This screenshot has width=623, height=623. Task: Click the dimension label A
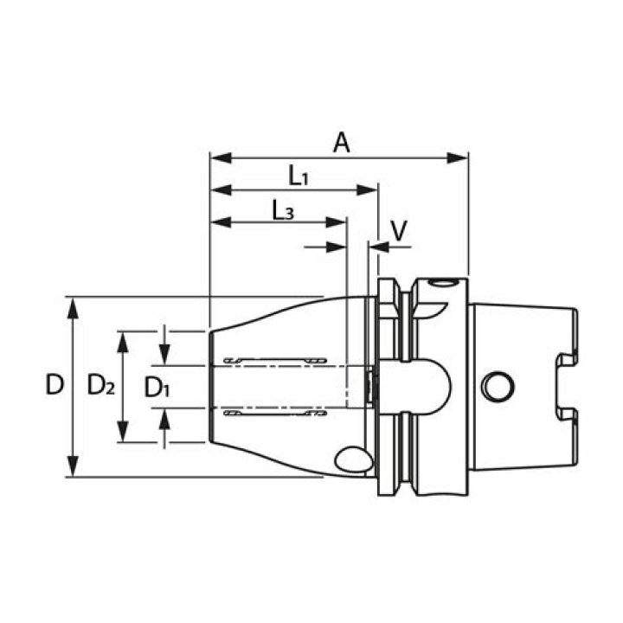tap(341, 143)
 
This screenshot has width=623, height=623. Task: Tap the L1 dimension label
tap(298, 176)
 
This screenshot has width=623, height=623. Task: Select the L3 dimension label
tap(283, 210)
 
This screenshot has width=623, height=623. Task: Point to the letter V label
tap(399, 230)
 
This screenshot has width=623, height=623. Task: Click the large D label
tap(55, 384)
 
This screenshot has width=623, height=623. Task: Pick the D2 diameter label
tap(101, 384)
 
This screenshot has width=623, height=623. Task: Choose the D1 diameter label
tap(157, 388)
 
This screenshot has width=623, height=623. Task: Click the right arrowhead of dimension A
tap(458, 157)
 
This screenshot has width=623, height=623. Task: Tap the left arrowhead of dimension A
tap(221, 157)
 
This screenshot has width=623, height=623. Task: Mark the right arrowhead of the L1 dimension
tap(367, 189)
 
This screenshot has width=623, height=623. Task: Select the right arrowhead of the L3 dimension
tap(336, 222)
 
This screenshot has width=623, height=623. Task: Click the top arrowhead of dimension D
tap(72, 308)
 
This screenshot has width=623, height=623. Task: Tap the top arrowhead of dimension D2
tap(123, 342)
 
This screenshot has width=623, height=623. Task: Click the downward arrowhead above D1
tap(164, 355)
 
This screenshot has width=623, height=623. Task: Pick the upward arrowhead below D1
tap(164, 419)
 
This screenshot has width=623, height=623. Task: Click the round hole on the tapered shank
tap(498, 386)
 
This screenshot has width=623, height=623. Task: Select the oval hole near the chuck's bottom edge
tap(354, 460)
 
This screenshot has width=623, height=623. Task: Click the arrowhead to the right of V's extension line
tap(380, 247)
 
